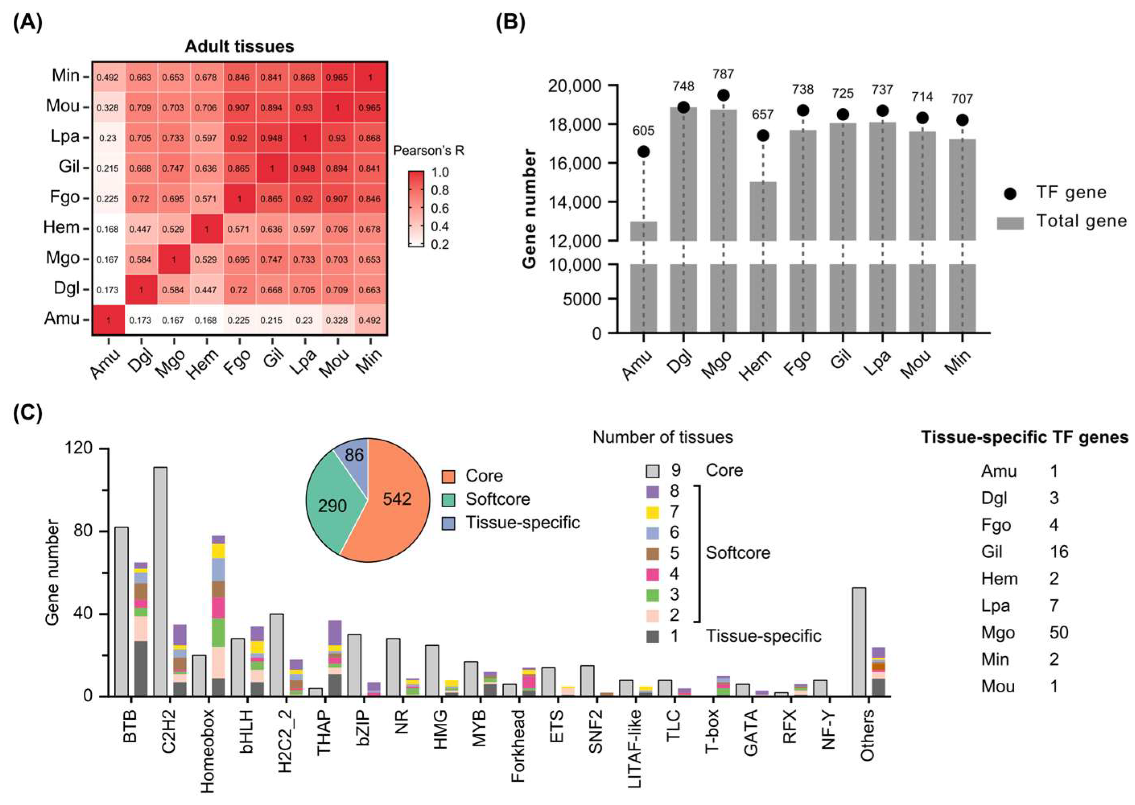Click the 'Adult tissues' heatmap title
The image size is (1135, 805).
[239, 47]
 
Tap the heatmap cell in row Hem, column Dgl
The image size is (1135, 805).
[141, 229]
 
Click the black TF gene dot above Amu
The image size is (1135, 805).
[643, 152]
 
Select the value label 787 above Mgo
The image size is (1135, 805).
[723, 74]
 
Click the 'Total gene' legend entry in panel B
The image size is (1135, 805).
[1080, 221]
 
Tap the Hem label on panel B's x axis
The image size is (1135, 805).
[757, 365]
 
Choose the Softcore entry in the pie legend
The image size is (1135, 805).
[497, 499]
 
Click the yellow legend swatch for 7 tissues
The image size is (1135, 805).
[653, 512]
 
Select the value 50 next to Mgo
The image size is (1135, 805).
[1058, 632]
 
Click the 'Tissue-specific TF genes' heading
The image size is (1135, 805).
[1024, 437]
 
